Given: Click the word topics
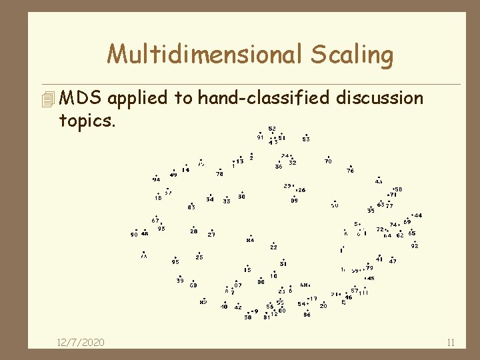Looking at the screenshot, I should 87,122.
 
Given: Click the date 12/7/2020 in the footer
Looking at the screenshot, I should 81,342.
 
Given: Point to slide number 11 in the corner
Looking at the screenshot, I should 451,343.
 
